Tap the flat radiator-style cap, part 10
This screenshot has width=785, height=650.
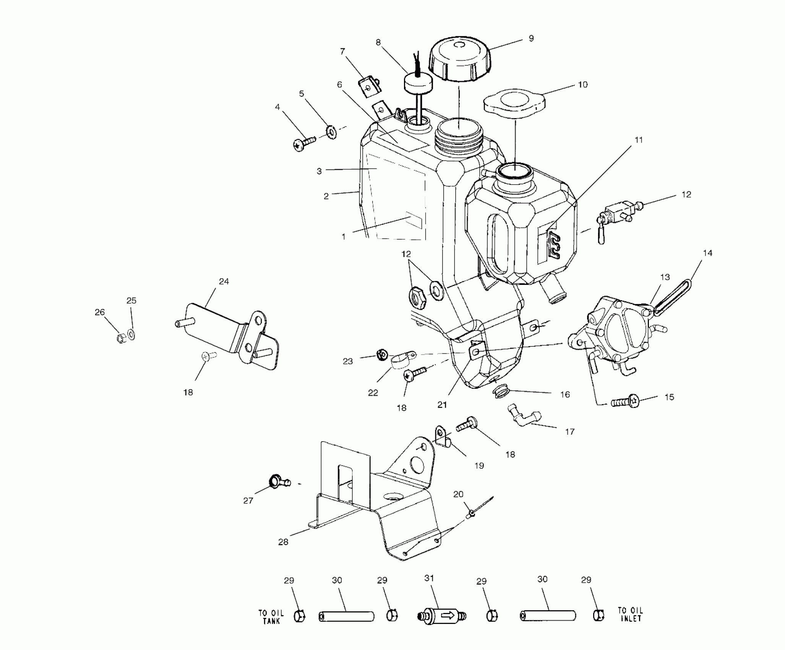coord(514,101)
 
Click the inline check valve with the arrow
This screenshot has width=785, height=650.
coord(441,616)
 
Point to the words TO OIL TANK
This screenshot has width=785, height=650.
coord(271,616)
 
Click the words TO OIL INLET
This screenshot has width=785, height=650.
coord(630,614)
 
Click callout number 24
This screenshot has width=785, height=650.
coord(224,281)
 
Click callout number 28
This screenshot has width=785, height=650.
coord(283,542)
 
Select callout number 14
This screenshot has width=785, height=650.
coord(707,253)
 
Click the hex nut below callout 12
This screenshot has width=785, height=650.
coord(417,297)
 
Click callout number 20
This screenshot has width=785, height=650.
coord(458,494)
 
